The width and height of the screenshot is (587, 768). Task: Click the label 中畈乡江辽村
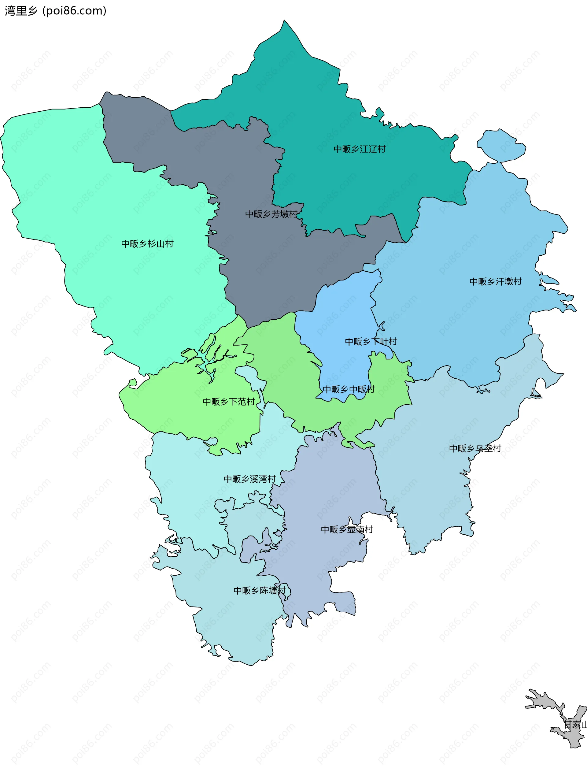pyautogui.click(x=360, y=149)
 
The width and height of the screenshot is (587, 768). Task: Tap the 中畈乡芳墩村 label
pyautogui.click(x=271, y=214)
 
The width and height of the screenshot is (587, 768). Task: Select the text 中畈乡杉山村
pyautogui.click(x=147, y=244)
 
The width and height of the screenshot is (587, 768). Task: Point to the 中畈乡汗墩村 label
pyautogui.click(x=496, y=281)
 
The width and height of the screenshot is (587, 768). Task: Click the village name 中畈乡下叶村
pyautogui.click(x=371, y=342)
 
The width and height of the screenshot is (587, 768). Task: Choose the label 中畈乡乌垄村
pyautogui.click(x=475, y=448)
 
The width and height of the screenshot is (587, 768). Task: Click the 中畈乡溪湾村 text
pyautogui.click(x=249, y=479)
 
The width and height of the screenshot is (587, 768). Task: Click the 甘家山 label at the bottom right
pyautogui.click(x=575, y=724)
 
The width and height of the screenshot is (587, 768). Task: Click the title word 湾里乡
pyautogui.click(x=21, y=11)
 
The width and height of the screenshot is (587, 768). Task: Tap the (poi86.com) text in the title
pyautogui.click(x=74, y=11)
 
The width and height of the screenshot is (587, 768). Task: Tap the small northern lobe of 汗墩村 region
pyautogui.click(x=501, y=145)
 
